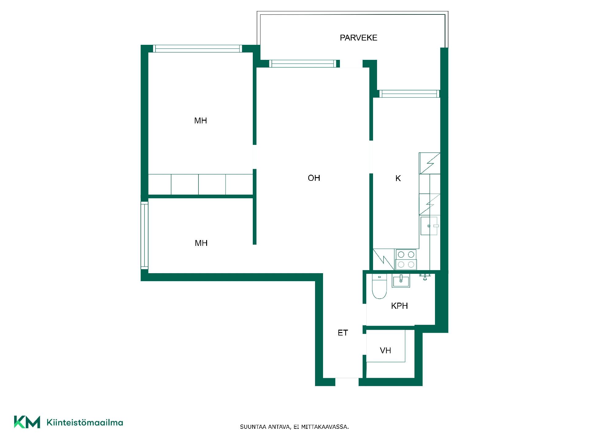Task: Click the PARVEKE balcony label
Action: [358, 38]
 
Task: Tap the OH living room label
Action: [314, 178]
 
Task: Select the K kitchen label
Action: [398, 178]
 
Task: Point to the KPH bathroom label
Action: [399, 306]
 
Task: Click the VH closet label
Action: [385, 351]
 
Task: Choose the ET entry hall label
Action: [343, 333]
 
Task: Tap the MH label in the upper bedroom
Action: [201, 121]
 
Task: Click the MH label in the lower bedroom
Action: [201, 243]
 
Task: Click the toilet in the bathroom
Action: [379, 286]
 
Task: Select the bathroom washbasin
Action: [401, 281]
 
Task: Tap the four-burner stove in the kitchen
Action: [406, 260]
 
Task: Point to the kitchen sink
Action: [429, 226]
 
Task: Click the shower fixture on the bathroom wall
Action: [425, 277]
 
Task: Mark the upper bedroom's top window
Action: [198, 48]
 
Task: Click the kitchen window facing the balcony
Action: [409, 94]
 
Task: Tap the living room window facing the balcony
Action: [303, 64]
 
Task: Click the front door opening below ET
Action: [347, 382]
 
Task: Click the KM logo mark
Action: [27, 422]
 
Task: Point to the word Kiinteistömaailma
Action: [85, 423]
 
